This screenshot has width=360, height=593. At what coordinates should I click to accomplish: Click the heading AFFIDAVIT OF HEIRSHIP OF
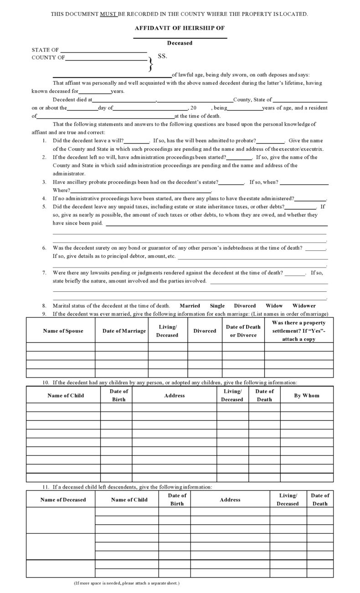180,28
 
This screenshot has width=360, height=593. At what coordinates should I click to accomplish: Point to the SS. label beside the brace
163,57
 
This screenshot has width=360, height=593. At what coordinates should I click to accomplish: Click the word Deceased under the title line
180,43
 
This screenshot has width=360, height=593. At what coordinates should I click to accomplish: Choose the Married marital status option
190,305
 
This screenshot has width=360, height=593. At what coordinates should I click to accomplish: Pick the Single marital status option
217,305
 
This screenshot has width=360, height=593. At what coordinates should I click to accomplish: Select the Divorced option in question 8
245,305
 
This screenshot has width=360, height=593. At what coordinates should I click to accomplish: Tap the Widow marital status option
274,305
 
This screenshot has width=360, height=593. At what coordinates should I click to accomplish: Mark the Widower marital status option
304,305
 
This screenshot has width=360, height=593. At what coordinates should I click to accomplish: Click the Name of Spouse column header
63,331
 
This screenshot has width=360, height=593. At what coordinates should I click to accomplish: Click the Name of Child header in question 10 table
66,395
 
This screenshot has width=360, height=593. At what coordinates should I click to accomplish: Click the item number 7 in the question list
44,273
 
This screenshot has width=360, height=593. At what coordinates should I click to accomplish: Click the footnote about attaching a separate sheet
127,583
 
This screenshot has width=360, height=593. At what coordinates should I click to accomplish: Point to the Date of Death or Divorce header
243,331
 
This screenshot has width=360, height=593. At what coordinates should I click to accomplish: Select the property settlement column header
299,331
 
